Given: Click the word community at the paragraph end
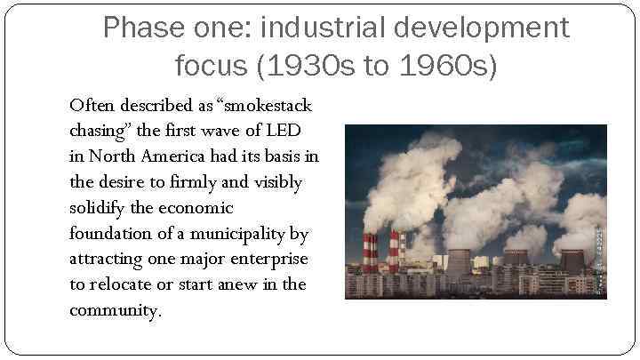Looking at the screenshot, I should pyautogui.click(x=113, y=311).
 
